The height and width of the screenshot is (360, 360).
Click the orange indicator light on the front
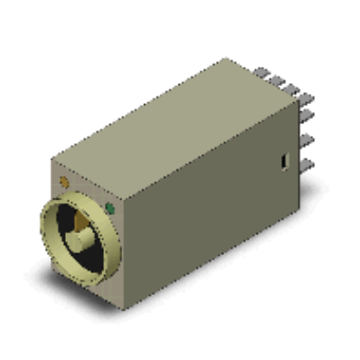[x=64, y=181]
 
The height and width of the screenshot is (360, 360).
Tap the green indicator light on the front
[x=109, y=208]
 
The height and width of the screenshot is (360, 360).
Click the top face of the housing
[x=173, y=121]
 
